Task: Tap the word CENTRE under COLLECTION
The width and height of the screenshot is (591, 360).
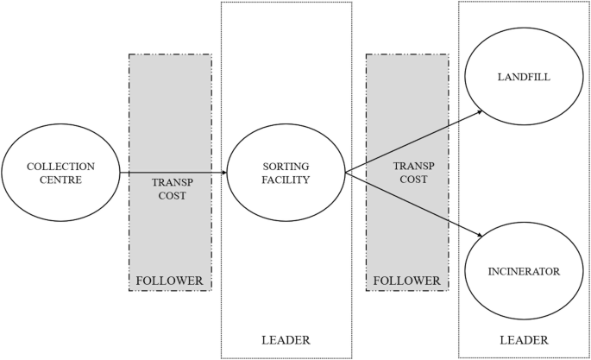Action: pyautogui.click(x=60, y=180)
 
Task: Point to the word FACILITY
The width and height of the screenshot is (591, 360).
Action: pyautogui.click(x=286, y=180)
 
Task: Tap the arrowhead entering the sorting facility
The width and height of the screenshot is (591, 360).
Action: pyautogui.click(x=223, y=173)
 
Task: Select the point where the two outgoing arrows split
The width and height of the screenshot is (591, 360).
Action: pyautogui.click(x=345, y=173)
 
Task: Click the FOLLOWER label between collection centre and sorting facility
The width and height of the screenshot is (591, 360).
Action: pyautogui.click(x=169, y=281)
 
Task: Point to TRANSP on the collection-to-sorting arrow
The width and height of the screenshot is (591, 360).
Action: pyautogui.click(x=169, y=182)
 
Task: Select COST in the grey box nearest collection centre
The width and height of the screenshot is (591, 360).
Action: pyautogui.click(x=169, y=196)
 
